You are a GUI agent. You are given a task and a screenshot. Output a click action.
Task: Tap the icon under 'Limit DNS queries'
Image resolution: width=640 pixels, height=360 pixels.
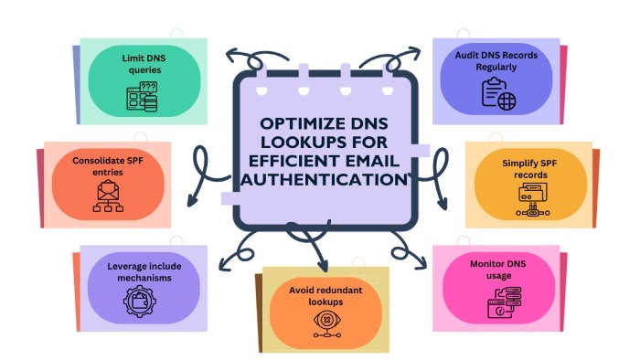point(143,96)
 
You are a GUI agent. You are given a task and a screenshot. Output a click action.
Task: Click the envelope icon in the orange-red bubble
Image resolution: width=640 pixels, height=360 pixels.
point(108,197)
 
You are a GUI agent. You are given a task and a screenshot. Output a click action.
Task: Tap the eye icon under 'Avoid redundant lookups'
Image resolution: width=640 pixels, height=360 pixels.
point(322,321)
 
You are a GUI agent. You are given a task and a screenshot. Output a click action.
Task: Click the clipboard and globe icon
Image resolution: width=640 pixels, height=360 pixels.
point(499,93)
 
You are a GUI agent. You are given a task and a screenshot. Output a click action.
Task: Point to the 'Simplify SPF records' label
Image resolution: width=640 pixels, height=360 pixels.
point(532,167)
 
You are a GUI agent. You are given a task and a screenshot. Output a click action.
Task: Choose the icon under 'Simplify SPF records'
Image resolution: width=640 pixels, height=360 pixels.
point(532,196)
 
